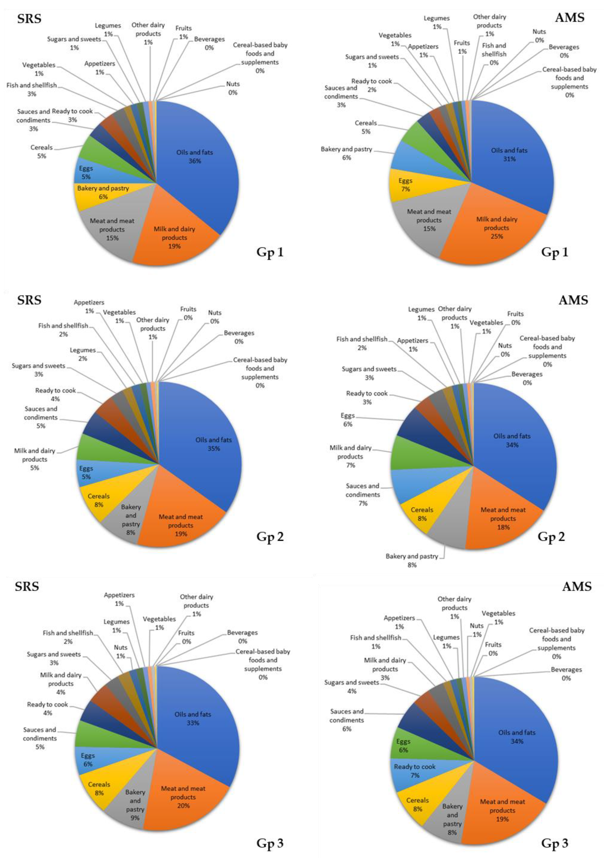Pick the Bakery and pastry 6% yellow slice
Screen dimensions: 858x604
click(103, 192)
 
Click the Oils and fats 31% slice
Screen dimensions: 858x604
click(509, 154)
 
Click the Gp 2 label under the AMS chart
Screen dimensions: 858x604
click(551, 537)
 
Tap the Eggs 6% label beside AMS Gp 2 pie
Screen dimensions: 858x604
click(347, 420)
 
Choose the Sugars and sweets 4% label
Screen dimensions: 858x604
click(351, 687)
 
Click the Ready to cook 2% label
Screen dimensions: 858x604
click(372, 85)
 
